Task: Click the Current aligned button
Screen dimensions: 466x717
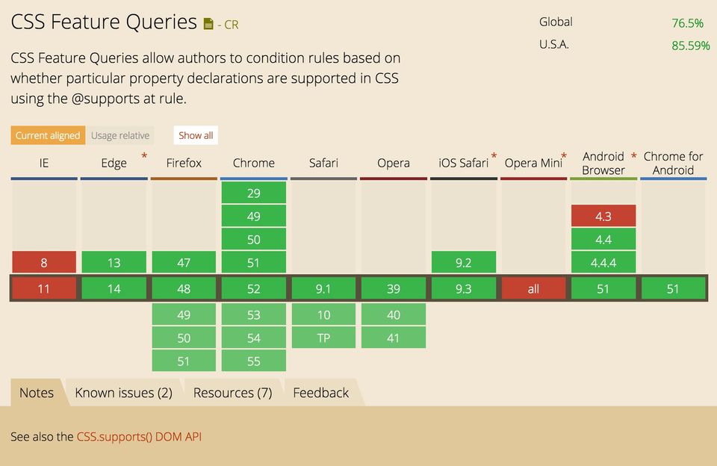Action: (x=47, y=135)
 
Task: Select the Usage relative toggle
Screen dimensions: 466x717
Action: (x=120, y=135)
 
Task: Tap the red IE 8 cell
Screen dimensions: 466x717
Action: (x=44, y=262)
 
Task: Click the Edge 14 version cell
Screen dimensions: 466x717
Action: (x=114, y=288)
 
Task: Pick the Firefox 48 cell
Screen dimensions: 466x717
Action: (x=184, y=288)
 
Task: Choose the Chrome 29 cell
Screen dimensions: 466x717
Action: (x=253, y=193)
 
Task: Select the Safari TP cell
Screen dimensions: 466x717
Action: (x=323, y=338)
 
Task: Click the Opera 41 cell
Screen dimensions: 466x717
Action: (x=394, y=338)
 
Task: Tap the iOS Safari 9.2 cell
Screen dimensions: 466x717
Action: (x=464, y=262)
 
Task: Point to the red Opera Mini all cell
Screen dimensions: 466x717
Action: (x=533, y=288)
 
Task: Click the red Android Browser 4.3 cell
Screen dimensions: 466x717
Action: (x=603, y=216)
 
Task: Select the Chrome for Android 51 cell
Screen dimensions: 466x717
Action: (x=673, y=288)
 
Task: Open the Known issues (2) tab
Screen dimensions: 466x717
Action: (x=123, y=393)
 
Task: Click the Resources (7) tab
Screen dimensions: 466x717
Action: (x=232, y=393)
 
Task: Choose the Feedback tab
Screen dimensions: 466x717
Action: (x=321, y=393)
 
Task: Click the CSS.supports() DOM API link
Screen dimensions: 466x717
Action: (x=139, y=437)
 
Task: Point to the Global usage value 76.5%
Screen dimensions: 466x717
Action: (x=687, y=23)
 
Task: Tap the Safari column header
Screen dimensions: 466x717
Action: (x=323, y=163)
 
